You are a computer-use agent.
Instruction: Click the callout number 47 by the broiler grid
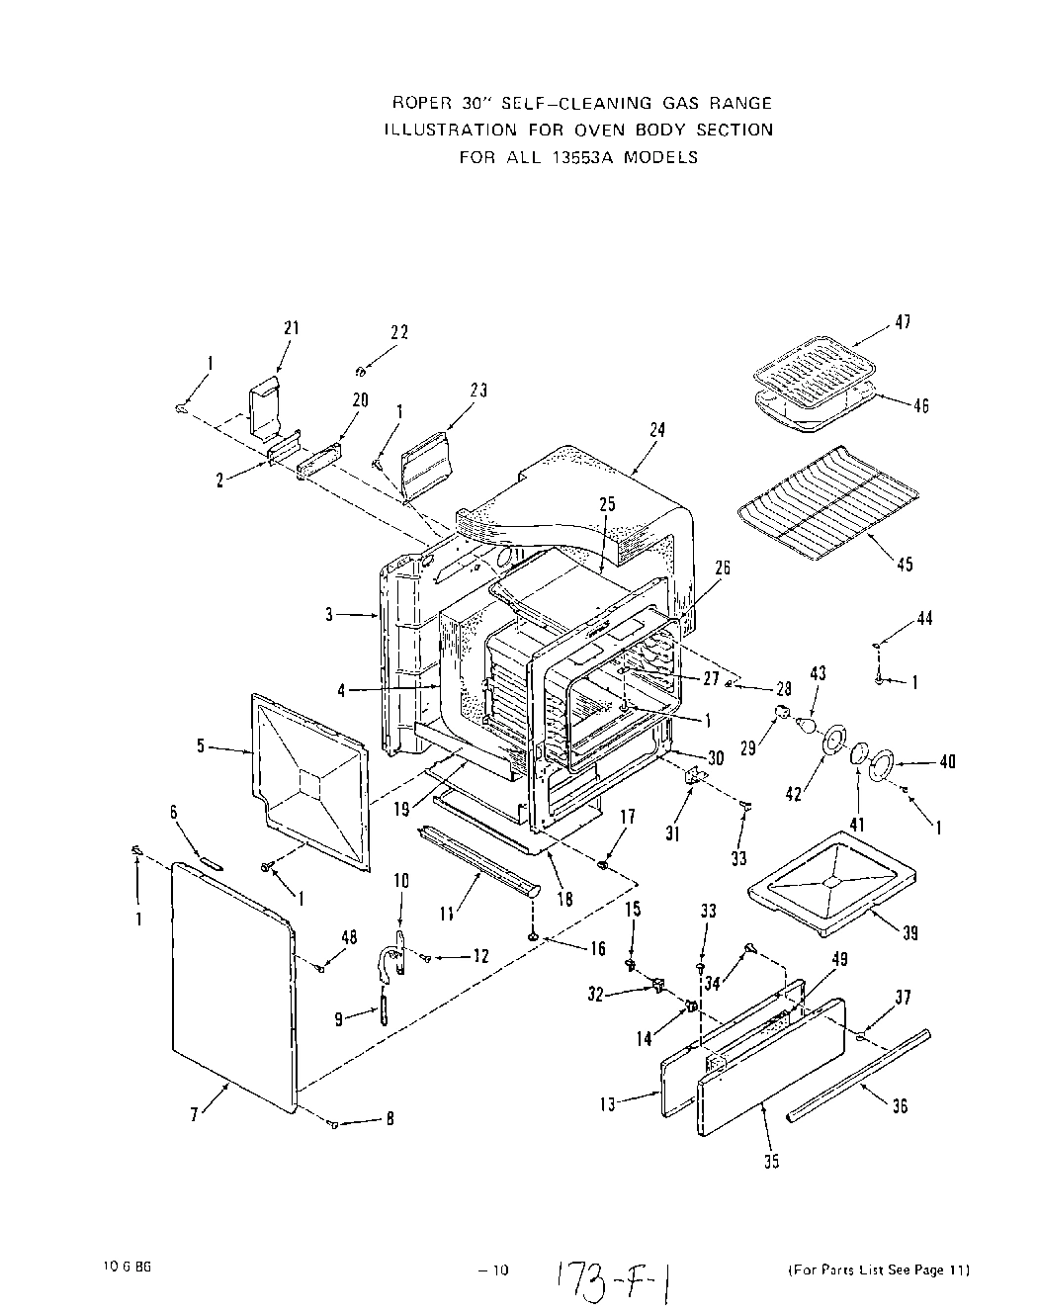tap(904, 321)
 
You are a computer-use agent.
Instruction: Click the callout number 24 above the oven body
tap(657, 430)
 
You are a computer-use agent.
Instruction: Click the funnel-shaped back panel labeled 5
tap(311, 781)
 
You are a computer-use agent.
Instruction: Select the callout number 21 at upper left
tap(291, 329)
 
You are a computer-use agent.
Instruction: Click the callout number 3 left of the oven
tap(329, 615)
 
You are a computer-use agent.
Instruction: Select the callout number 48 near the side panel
tap(349, 937)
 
